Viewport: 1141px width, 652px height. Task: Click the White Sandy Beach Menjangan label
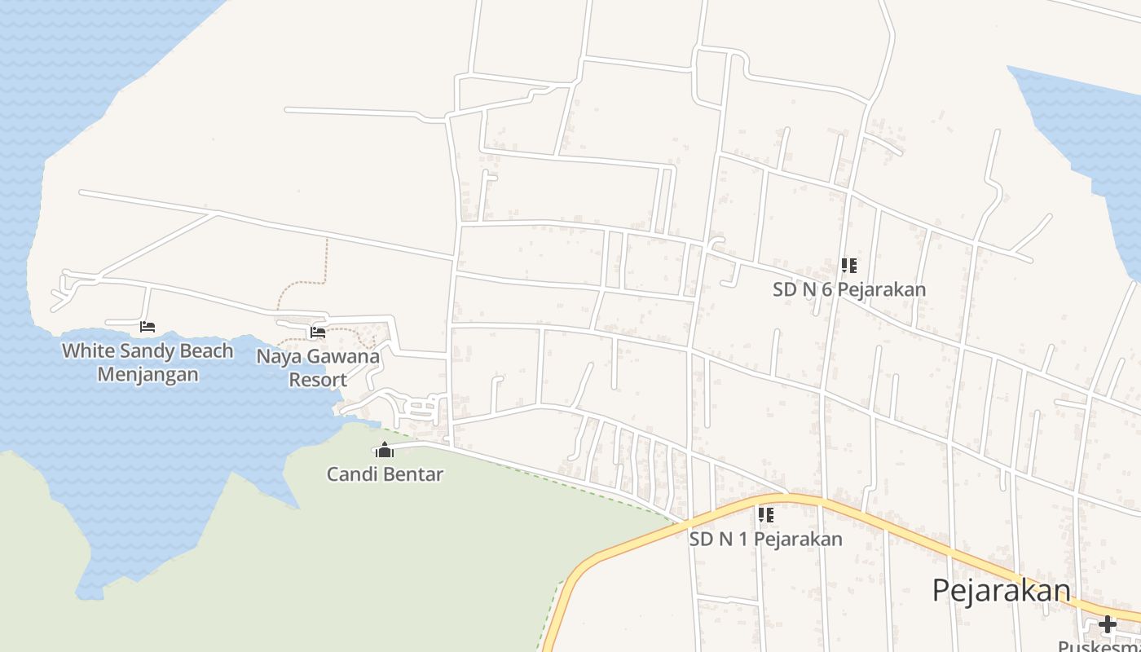point(148,363)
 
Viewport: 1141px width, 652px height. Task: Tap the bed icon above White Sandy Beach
point(148,327)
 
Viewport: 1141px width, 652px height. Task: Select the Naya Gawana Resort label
point(318,368)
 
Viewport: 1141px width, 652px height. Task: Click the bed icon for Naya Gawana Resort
point(318,332)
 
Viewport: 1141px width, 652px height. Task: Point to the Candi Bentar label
point(385,474)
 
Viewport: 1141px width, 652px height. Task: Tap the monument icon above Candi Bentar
point(385,450)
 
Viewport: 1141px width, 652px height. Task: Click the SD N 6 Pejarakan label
point(848,289)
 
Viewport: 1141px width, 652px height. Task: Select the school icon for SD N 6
point(848,266)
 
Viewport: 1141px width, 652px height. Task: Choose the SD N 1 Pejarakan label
point(765,539)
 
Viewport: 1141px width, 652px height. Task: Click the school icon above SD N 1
point(765,514)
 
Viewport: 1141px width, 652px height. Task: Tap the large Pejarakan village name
point(1001,590)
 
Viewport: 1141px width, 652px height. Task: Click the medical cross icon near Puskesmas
point(1107,625)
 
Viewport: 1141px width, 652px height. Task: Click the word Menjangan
point(148,375)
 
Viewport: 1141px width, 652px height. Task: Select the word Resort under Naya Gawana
point(318,380)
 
